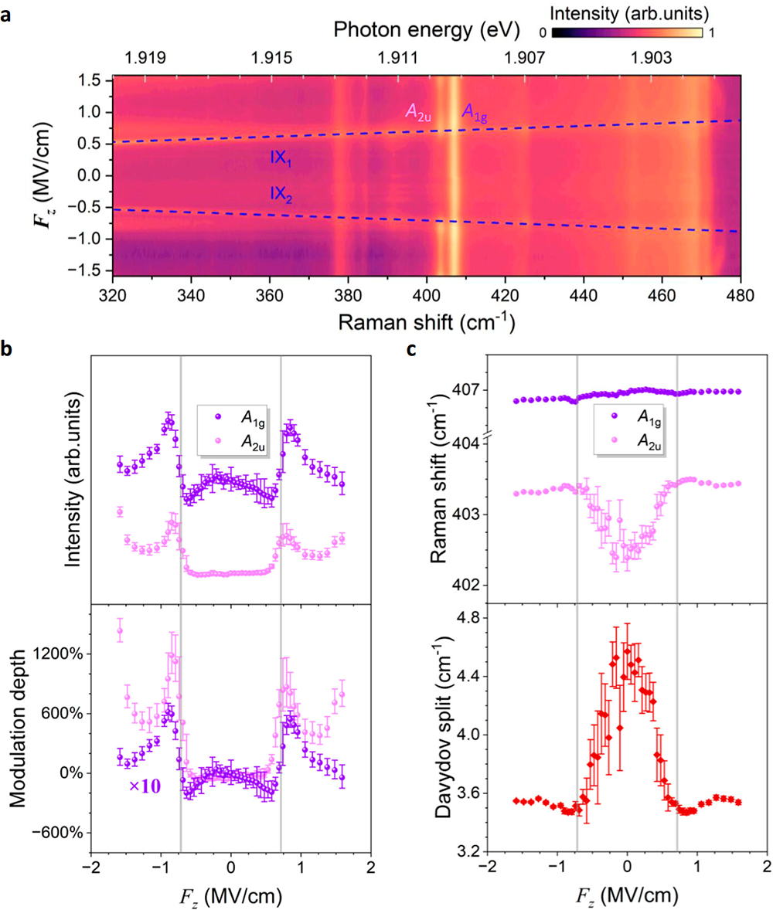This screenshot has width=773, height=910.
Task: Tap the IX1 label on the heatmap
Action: (281, 158)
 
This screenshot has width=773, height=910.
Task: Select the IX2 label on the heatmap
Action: (281, 194)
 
